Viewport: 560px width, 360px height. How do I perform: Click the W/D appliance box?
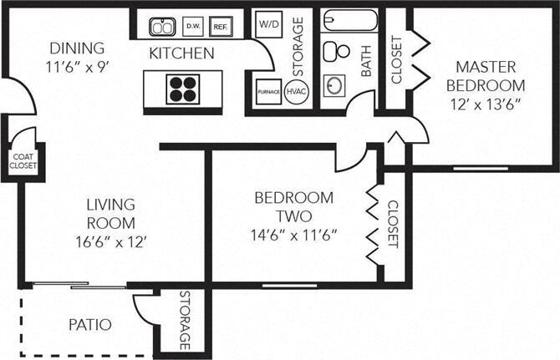[268, 23]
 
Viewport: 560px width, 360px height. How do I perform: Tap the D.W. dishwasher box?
[192, 25]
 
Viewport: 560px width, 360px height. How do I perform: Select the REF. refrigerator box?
[221, 25]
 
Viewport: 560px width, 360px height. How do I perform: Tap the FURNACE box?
[267, 91]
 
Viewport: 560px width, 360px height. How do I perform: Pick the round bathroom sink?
[337, 87]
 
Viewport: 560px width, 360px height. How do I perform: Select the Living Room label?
[110, 213]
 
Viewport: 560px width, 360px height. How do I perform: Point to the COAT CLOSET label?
[23, 160]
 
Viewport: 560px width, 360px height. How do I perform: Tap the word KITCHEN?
[181, 53]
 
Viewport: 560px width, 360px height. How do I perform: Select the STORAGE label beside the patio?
[185, 321]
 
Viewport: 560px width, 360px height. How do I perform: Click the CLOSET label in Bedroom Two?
[393, 224]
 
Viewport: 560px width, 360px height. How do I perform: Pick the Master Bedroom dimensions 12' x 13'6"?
[485, 104]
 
